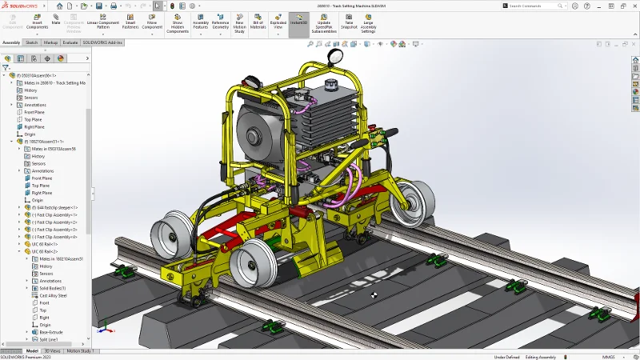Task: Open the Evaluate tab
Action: pyautogui.click(x=70, y=42)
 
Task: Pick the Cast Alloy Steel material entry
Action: pyautogui.click(x=54, y=295)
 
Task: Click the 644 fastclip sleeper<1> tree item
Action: pyautogui.click(x=58, y=207)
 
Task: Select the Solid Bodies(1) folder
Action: pyautogui.click(x=53, y=288)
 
